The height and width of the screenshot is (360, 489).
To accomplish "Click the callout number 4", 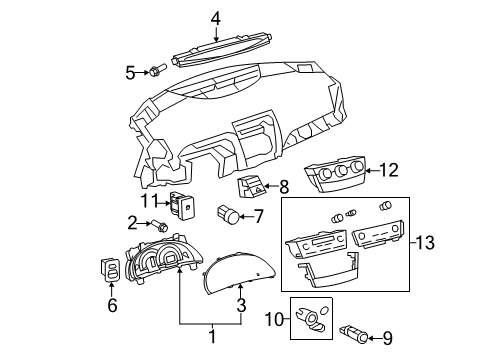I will [215, 17].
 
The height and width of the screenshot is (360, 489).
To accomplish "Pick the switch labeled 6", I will [112, 271].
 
